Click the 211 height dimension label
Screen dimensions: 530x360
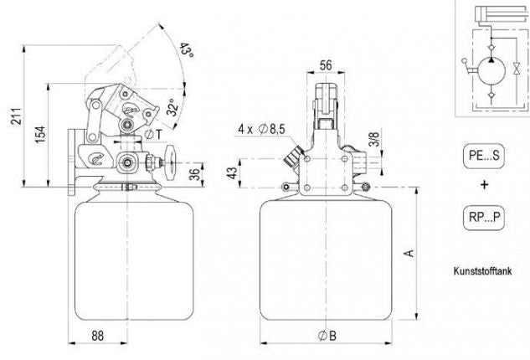click(x=17, y=116)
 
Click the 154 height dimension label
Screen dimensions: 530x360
click(x=40, y=134)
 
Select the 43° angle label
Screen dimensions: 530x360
click(x=186, y=49)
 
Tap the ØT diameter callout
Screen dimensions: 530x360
click(x=153, y=134)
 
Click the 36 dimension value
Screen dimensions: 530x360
click(x=195, y=175)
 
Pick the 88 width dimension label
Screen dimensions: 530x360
click(x=98, y=336)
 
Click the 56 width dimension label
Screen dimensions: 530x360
click(x=326, y=65)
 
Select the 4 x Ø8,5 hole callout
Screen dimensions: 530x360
click(x=261, y=129)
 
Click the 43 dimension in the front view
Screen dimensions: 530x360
click(x=232, y=173)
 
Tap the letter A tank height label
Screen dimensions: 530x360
click(x=409, y=253)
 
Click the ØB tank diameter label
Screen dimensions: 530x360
click(x=327, y=336)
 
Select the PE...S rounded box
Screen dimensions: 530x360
click(x=484, y=156)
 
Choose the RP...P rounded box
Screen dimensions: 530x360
click(x=484, y=218)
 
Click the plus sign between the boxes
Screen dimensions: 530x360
click(x=485, y=184)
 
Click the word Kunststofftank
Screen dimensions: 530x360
click(x=482, y=270)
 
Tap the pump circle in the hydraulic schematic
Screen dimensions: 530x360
click(x=491, y=71)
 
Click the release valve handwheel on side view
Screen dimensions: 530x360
click(x=170, y=163)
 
